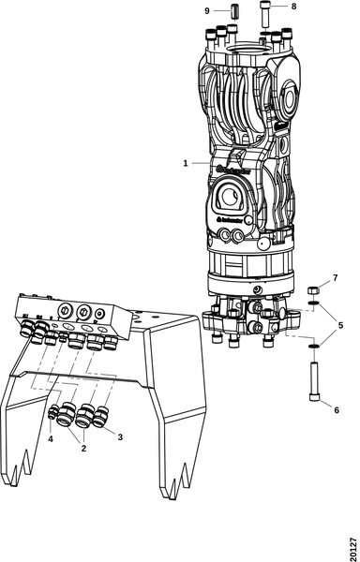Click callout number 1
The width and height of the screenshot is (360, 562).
pyautogui.click(x=186, y=162)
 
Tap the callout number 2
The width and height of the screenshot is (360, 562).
pyautogui.click(x=83, y=449)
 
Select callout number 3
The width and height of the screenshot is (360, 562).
pyautogui.click(x=118, y=436)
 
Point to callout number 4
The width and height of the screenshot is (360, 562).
pyautogui.click(x=51, y=437)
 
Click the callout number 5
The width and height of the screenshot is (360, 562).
pyautogui.click(x=340, y=325)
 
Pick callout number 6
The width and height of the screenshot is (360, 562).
pyautogui.click(x=337, y=409)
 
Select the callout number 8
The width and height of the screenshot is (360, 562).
pyautogui.click(x=293, y=7)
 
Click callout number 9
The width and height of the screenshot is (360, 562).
pyautogui.click(x=207, y=10)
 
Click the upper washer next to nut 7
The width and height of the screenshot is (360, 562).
pyautogui.click(x=314, y=305)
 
